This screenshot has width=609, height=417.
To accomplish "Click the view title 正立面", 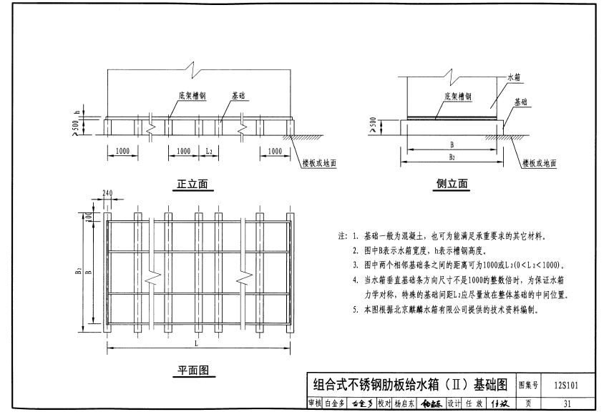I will point(193,185).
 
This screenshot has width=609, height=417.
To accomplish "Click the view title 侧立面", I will point(452,185).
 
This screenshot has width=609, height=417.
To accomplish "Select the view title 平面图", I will point(193,371).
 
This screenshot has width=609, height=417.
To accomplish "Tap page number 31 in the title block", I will point(567,404).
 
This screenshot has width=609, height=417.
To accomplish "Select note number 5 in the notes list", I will point(355,310).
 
